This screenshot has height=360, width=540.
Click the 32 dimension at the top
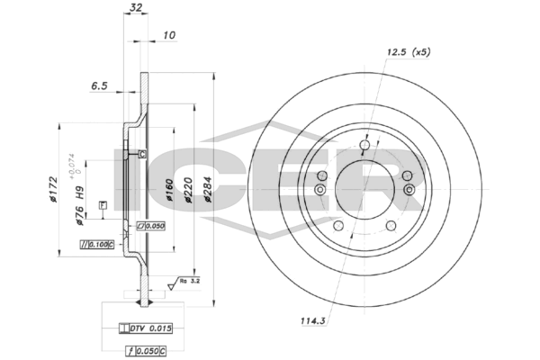click(136, 7)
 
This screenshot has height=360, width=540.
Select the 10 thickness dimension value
click(169, 36)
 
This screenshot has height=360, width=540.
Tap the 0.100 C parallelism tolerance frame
click(97, 244)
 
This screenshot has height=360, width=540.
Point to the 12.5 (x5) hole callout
click(408, 53)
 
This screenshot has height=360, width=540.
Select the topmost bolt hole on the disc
click(364, 146)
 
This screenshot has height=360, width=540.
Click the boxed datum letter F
click(102, 206)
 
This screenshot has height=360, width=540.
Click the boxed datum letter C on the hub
click(142, 154)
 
